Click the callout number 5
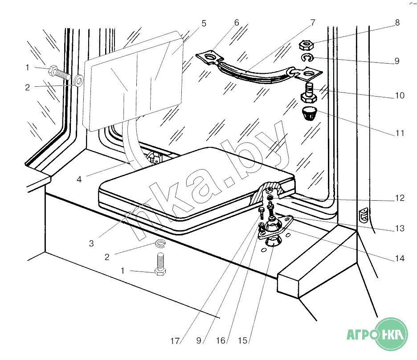(x=204, y=24)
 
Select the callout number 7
(x=312, y=22)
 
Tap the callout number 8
(x=397, y=22)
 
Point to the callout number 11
(x=400, y=133)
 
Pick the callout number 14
(x=400, y=258)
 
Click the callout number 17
(x=175, y=341)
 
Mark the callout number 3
(x=91, y=243)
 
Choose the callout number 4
(x=79, y=180)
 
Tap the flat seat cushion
(x=192, y=187)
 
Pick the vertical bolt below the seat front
(x=160, y=265)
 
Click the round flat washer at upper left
(x=79, y=81)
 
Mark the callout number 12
(x=400, y=198)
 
